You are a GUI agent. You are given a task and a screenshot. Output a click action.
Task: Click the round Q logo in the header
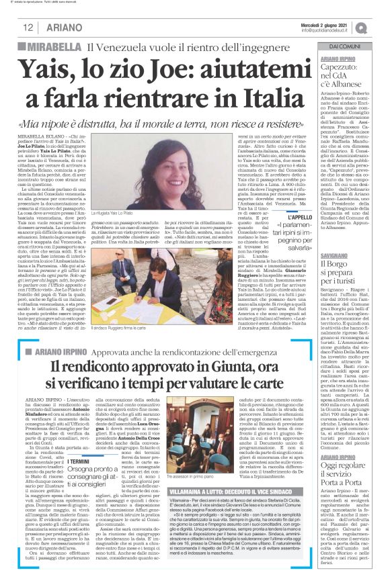click(x=381, y=28)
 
